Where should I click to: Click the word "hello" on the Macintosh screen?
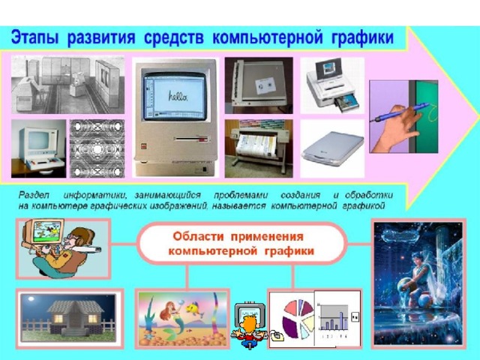[x=177, y=96]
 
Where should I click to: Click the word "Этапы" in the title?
[x=34, y=38]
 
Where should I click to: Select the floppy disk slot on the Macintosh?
[x=192, y=139]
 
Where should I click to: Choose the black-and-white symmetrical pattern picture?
[x=97, y=148]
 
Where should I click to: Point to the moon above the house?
[x=31, y=298]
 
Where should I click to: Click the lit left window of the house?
[x=58, y=319]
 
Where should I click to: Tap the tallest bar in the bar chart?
[x=341, y=320]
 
